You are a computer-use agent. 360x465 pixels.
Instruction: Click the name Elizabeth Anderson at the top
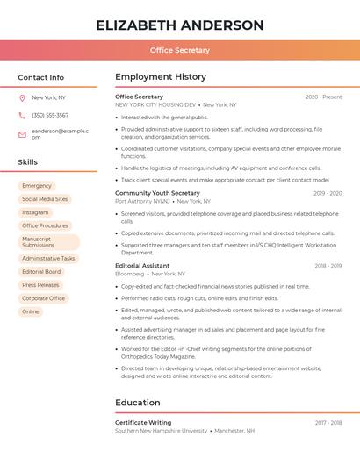tap(179, 25)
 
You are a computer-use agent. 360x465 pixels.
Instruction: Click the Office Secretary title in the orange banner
tap(179, 51)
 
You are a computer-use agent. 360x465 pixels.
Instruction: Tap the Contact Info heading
tap(40, 77)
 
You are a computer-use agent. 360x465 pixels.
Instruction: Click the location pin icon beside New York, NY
tap(22, 97)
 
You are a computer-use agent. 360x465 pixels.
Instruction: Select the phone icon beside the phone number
tap(22, 116)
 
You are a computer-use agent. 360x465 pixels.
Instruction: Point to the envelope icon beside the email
tap(22, 134)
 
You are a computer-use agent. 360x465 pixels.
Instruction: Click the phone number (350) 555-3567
tap(50, 116)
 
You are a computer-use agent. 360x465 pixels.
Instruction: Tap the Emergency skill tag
tap(37, 186)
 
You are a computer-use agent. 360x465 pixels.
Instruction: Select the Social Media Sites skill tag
tap(45, 199)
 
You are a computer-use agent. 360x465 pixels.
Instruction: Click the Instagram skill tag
tap(36, 212)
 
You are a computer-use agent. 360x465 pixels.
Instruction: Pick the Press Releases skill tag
tap(40, 285)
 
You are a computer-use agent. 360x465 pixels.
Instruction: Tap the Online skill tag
tap(31, 311)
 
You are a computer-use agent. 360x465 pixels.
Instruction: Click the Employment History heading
tap(161, 77)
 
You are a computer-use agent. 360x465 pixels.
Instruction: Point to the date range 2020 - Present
tap(323, 97)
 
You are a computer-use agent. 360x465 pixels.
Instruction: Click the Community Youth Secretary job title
tap(157, 193)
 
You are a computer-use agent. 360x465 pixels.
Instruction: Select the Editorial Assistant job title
tap(142, 266)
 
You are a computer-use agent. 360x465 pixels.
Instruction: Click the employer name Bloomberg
tap(130, 274)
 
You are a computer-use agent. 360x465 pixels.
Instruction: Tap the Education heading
tap(138, 403)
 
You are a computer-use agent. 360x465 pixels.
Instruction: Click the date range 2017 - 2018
tap(328, 423)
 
